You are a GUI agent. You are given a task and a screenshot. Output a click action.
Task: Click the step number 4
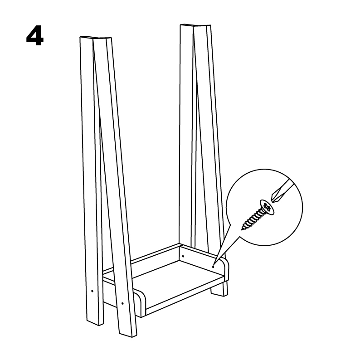click(34, 36)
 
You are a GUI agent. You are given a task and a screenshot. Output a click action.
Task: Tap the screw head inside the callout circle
click(267, 207)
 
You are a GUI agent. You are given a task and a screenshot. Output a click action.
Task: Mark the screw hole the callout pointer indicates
click(213, 267)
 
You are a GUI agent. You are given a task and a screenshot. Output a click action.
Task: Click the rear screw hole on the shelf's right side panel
click(183, 256)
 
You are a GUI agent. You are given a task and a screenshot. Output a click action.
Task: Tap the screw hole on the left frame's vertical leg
click(92, 291)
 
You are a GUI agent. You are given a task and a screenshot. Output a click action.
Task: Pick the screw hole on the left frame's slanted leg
click(122, 303)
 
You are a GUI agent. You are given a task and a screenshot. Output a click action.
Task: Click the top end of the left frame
click(96, 38)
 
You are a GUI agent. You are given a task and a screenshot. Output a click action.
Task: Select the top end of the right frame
click(195, 25)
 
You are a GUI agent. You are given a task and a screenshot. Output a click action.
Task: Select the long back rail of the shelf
click(141, 259)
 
